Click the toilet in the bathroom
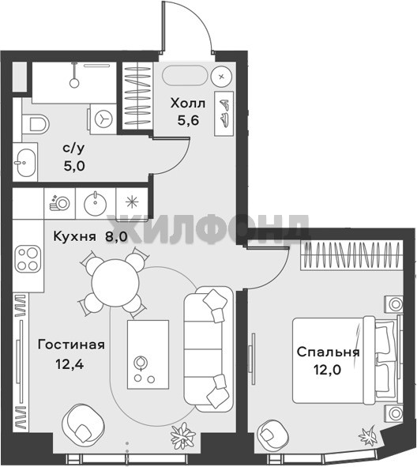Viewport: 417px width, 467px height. click(x=35, y=124)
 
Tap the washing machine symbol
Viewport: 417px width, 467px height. click(x=103, y=119)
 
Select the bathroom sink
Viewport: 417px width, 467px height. click(x=26, y=162)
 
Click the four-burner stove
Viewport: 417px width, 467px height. click(x=28, y=258)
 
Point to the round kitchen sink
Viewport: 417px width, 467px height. click(x=96, y=202)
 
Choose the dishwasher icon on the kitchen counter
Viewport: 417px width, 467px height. click(x=60, y=203)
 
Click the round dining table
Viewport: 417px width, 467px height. click(x=115, y=282)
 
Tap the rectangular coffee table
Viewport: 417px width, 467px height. click(x=148, y=355)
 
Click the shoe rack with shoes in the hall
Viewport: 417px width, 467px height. click(x=224, y=114)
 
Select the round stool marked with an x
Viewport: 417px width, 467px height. click(x=221, y=77)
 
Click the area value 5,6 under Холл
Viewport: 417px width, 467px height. click(x=188, y=120)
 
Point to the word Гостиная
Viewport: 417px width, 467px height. click(x=71, y=345)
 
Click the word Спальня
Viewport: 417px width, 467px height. click(x=329, y=352)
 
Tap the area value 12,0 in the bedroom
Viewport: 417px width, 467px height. click(x=328, y=370)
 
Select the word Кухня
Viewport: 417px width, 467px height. click(x=75, y=236)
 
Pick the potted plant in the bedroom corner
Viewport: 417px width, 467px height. click(x=369, y=437)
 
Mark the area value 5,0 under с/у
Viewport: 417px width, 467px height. click(x=74, y=166)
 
